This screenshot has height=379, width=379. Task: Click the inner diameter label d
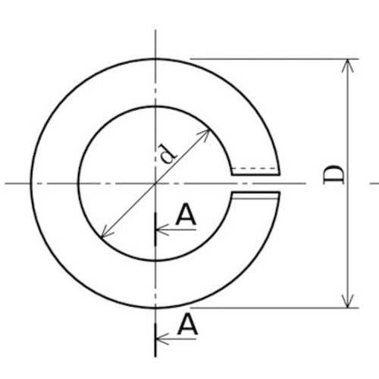tap(167, 153)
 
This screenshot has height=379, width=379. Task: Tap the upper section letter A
tap(186, 215)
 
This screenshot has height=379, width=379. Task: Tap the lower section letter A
tap(187, 324)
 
